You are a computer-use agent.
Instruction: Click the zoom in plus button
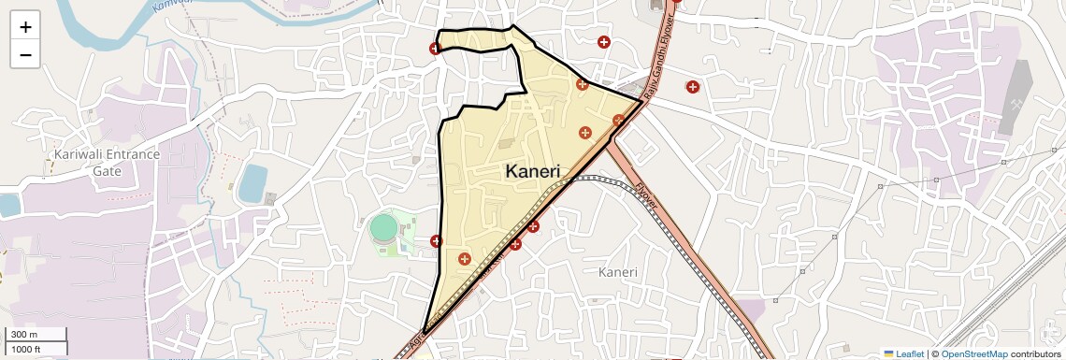click(x=25, y=27)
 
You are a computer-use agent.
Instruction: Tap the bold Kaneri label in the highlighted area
click(x=532, y=171)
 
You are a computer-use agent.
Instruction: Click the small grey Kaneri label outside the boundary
click(x=617, y=272)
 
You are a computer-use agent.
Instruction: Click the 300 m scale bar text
click(x=24, y=335)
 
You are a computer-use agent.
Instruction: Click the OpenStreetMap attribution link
click(x=973, y=353)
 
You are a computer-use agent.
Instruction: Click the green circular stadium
click(x=383, y=227)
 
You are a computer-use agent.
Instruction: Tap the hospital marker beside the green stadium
click(x=436, y=241)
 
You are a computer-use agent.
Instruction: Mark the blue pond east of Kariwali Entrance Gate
click(x=252, y=183)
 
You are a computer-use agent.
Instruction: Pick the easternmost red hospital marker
click(x=693, y=87)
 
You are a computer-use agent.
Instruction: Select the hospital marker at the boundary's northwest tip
click(x=435, y=49)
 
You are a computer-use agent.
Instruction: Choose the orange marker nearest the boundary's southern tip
click(x=464, y=258)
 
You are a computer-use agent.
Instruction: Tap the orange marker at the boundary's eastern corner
click(x=618, y=119)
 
